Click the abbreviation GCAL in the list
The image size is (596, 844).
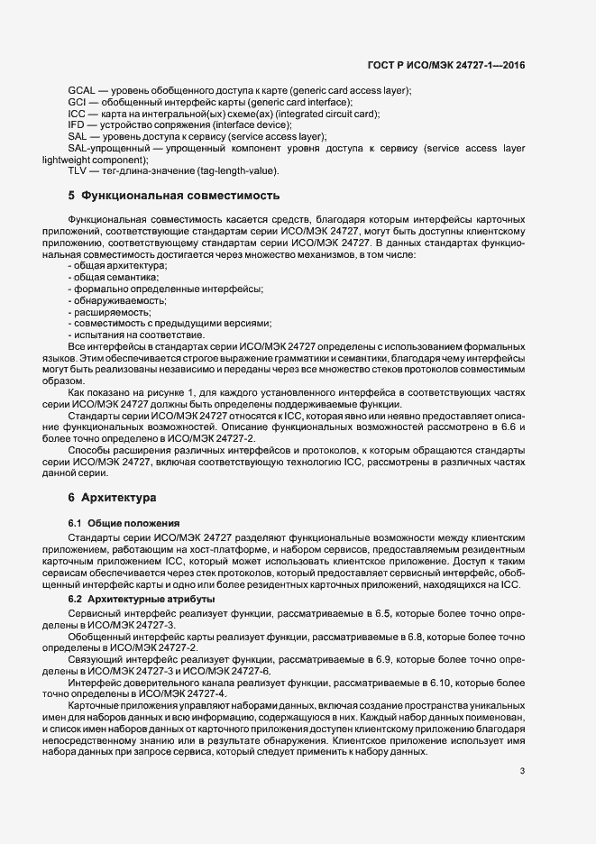coord(82,91)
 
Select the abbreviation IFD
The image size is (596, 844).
coord(78,125)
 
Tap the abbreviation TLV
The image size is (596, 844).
coord(78,170)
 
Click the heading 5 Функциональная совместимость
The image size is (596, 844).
coord(173,195)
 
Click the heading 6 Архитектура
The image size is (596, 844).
coord(112,498)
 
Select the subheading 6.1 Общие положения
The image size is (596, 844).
coord(124,523)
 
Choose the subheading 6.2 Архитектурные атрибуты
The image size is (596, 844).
coord(141,599)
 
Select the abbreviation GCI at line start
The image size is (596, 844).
coord(77,103)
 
